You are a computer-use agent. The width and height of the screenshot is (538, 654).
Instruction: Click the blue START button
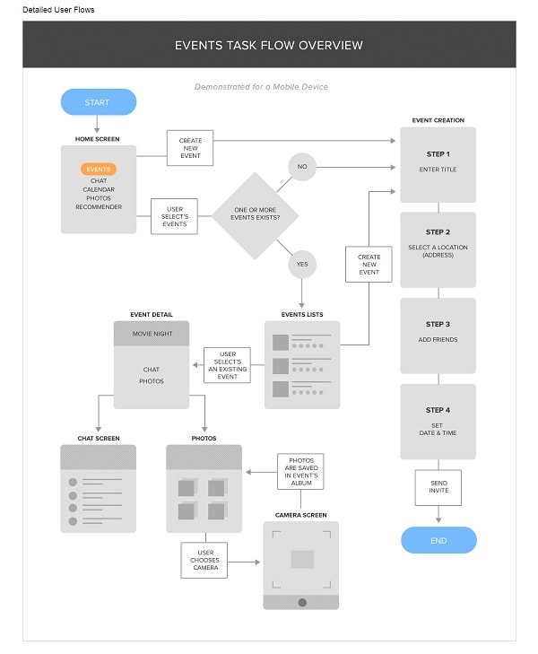[x=98, y=102]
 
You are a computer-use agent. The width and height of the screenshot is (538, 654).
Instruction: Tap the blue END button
[x=438, y=540]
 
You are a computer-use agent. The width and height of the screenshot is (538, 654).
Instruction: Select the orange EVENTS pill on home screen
[x=99, y=169]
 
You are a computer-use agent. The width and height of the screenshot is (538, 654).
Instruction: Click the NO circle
[x=301, y=166]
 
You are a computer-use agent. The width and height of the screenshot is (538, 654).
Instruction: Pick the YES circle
[x=301, y=264]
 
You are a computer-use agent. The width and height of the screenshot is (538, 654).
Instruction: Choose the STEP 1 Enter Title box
[x=438, y=164]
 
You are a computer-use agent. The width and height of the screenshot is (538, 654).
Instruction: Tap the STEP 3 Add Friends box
[x=438, y=335]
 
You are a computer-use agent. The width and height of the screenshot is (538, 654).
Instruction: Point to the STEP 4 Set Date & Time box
[x=438, y=422]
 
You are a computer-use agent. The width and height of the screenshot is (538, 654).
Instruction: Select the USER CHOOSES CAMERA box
[x=205, y=561]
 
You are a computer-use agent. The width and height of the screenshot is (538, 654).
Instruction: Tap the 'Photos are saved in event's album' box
[x=300, y=472]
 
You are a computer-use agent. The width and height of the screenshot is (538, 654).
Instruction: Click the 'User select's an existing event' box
[x=227, y=365]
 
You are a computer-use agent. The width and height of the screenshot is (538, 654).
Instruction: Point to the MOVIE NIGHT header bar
[x=152, y=334]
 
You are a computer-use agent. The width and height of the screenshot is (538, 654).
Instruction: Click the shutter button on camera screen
[x=302, y=602]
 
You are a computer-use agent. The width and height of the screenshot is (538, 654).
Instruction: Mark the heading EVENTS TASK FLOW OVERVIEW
[x=268, y=46]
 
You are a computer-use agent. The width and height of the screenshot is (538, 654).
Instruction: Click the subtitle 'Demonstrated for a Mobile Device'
[x=261, y=87]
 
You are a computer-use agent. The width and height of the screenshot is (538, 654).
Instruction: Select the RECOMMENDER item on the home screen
[x=99, y=207]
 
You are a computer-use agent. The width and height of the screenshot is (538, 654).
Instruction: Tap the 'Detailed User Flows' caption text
[x=58, y=10]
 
